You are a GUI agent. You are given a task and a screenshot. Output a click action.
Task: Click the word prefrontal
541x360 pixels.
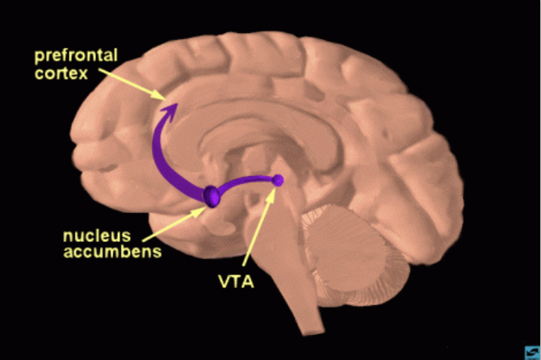[x=76, y=56]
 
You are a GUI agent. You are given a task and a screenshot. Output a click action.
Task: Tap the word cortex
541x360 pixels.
[x=61, y=73]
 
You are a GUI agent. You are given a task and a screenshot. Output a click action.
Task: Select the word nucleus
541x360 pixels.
[x=97, y=236]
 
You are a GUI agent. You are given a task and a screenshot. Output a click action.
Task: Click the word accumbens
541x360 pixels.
[x=112, y=252]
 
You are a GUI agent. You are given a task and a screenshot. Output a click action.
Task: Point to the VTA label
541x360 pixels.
[x=237, y=282]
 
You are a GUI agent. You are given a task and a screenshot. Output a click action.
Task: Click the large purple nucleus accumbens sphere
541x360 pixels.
[x=212, y=196]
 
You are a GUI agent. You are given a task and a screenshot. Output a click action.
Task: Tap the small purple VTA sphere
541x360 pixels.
[x=278, y=180]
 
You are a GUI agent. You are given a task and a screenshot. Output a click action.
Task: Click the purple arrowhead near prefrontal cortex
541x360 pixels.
[x=170, y=111]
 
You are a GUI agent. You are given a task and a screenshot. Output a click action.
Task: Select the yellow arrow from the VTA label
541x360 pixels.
[x=258, y=227]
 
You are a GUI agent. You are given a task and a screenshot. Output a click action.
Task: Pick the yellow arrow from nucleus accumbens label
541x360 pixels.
[x=174, y=224]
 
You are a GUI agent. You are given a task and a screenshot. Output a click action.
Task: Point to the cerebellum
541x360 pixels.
[x=355, y=255]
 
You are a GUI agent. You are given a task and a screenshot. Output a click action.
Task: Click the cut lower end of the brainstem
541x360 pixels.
[x=313, y=332]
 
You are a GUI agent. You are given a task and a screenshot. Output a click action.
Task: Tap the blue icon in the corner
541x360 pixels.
[x=533, y=353]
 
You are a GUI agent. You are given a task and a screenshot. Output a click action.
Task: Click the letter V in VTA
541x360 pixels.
[x=225, y=282]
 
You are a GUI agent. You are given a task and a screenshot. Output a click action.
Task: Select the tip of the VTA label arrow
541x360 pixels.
[x=275, y=188]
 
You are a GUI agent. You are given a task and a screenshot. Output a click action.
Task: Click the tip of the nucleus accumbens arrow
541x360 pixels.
[x=206, y=207]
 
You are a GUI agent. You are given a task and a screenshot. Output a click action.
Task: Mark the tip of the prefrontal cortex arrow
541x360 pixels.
[x=166, y=99]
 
